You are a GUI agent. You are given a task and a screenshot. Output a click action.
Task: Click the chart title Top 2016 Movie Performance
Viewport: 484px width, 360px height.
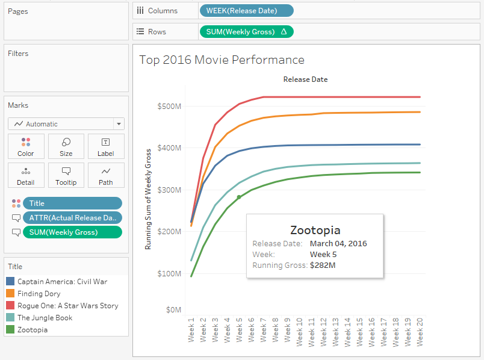(222, 60)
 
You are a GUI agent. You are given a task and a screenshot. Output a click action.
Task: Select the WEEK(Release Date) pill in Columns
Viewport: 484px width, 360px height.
(246, 11)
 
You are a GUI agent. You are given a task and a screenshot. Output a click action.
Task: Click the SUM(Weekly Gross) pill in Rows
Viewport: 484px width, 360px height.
(246, 31)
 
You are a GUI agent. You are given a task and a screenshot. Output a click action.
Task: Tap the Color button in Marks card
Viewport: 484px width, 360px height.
(26, 146)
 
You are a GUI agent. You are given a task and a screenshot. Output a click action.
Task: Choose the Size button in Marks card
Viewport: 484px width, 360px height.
(66, 146)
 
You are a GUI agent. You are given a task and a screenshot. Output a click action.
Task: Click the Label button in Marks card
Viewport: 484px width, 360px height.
(105, 146)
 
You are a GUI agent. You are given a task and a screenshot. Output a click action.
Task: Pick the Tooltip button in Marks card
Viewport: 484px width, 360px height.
(66, 175)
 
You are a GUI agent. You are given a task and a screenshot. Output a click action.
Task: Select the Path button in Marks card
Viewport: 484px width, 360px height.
(105, 175)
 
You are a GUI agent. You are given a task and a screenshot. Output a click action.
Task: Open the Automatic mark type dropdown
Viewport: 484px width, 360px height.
(66, 123)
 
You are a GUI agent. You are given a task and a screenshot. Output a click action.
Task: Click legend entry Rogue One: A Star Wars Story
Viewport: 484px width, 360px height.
(67, 305)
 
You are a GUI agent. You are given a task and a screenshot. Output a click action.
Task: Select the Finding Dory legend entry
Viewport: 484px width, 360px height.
(39, 293)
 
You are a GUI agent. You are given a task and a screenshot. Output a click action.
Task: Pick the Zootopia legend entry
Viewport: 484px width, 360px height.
(33, 329)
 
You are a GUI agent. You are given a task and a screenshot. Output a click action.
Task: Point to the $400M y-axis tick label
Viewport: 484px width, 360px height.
(169, 148)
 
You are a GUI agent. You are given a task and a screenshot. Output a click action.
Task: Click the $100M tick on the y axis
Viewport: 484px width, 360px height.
(169, 273)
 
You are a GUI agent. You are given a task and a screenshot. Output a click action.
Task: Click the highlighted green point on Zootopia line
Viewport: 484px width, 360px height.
(239, 197)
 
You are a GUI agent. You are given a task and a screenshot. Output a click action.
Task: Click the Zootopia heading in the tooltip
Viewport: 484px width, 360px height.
(315, 230)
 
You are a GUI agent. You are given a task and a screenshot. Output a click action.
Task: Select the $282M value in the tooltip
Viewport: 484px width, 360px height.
(323, 265)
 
